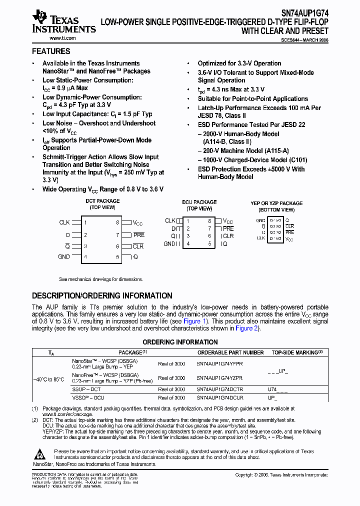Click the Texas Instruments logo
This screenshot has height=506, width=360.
pos(63,22)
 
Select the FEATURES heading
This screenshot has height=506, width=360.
pos(51,51)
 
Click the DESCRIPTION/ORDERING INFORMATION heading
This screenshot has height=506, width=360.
pos(102,295)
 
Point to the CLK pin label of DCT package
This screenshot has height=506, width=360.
pos(64,222)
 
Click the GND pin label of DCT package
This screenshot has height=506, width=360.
pos(64,256)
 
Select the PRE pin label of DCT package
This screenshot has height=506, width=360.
pos(138,234)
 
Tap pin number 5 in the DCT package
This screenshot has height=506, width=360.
pos(118,257)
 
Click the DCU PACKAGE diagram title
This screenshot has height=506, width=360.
pos(199,202)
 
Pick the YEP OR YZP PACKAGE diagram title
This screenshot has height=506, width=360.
pos(276,203)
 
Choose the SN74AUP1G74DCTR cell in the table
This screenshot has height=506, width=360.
pos(220,389)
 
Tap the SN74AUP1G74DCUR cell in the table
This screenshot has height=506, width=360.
pos(220,398)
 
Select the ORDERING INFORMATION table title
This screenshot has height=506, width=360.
pos(180,342)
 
